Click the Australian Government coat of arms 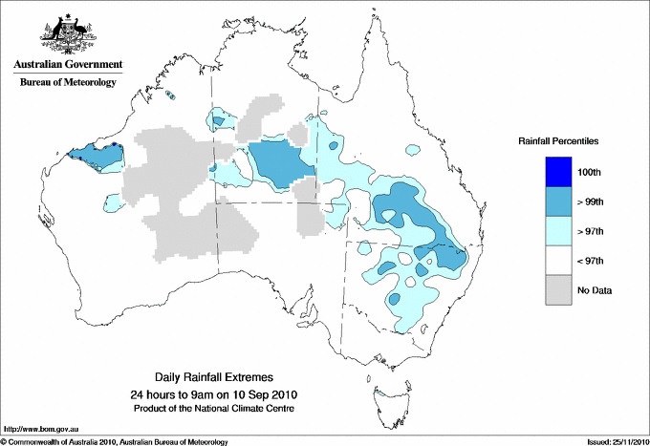68,34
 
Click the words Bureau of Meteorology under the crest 68,82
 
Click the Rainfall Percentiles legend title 558,140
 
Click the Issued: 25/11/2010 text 615,441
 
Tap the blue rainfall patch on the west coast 94,157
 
